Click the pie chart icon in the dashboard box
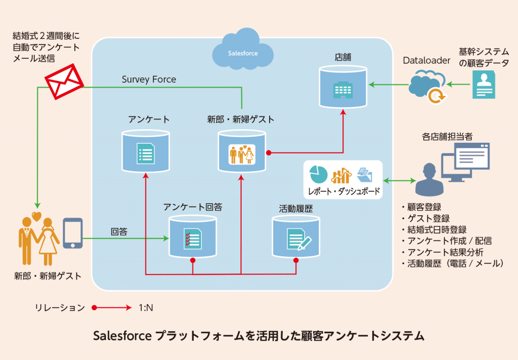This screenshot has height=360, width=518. point(319,174)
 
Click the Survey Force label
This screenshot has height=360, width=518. point(149,79)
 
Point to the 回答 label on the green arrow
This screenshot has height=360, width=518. point(119,232)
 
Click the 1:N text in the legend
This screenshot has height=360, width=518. point(146,307)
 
